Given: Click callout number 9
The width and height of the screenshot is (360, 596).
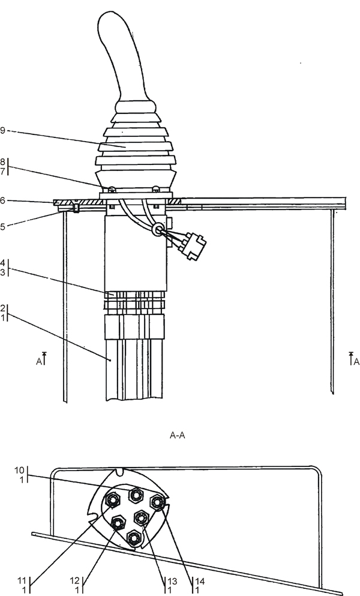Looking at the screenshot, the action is click(2, 131).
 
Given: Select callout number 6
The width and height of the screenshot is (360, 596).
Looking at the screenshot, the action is click(2, 200).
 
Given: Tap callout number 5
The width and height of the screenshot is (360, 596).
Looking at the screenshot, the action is click(2, 227).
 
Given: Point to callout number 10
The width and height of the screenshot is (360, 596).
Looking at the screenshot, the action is click(19, 470).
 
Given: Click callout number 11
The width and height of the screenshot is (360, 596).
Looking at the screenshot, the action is click(22, 581).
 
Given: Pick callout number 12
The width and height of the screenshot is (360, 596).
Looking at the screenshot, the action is click(74, 581).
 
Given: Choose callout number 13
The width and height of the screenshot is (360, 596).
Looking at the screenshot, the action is click(172, 581).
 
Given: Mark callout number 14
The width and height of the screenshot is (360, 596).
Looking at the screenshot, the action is click(200, 581).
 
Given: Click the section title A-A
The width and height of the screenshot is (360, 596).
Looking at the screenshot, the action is click(177, 435).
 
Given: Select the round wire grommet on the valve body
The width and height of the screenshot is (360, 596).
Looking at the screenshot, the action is click(157, 229).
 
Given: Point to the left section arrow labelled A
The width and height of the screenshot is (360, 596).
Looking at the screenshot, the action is click(41, 359).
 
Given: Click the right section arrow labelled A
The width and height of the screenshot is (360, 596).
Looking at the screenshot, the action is click(353, 359).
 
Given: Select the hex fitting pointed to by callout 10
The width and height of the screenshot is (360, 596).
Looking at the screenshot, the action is click(136, 495).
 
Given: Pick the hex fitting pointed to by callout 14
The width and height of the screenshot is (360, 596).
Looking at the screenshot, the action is click(157, 502).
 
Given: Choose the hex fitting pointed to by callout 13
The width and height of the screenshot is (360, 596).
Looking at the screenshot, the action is click(141, 517).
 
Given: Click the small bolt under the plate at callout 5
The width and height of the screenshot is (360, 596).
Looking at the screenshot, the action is click(76, 208).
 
